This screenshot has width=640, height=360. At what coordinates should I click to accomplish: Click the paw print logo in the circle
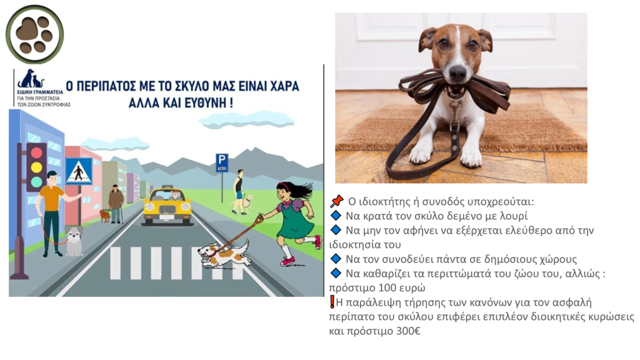point(35,34)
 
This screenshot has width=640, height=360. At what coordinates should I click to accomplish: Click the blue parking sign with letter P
point(222,163)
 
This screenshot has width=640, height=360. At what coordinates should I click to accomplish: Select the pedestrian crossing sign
point(79,172)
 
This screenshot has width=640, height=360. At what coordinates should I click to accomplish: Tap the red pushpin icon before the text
point(337,201)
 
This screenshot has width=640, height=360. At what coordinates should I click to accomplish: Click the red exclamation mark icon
point(332,302)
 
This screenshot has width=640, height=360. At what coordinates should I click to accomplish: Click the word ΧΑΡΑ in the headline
point(283,86)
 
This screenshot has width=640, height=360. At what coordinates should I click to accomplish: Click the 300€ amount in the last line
point(407,331)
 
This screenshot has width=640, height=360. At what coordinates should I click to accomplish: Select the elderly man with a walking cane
point(116,203)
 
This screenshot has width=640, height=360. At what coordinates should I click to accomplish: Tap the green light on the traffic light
point(37,181)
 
